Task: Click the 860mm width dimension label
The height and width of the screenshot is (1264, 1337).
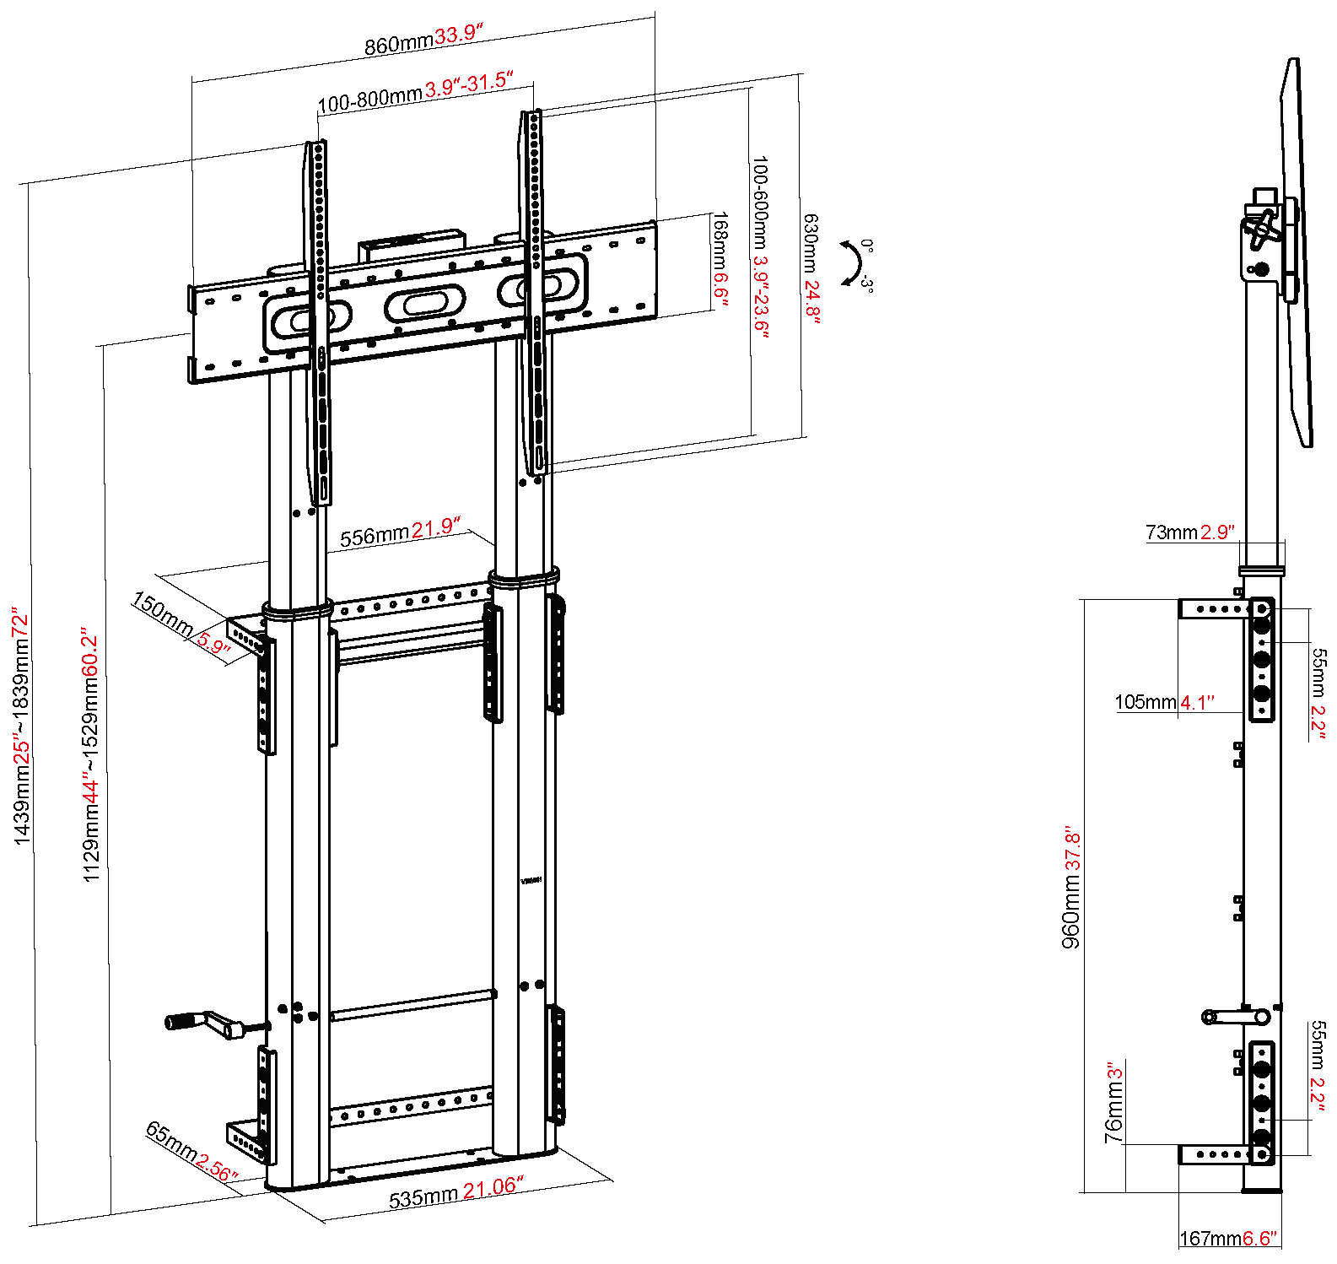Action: (423, 39)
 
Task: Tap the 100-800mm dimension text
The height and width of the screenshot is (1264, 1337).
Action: (415, 91)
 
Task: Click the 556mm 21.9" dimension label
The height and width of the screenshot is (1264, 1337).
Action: (400, 533)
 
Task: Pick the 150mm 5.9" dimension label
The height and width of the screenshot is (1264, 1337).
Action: (181, 625)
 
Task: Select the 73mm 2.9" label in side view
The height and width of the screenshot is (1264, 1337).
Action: (1189, 532)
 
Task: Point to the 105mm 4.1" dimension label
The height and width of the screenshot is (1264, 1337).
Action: (1164, 702)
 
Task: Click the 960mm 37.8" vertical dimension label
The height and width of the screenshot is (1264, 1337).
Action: (1071, 887)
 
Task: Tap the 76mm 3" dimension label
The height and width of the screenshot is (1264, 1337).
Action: (1114, 1103)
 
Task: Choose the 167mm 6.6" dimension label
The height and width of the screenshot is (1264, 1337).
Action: (1228, 1239)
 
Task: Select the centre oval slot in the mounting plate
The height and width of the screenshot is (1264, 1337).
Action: (424, 302)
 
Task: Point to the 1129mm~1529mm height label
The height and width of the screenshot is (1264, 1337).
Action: (91, 754)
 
